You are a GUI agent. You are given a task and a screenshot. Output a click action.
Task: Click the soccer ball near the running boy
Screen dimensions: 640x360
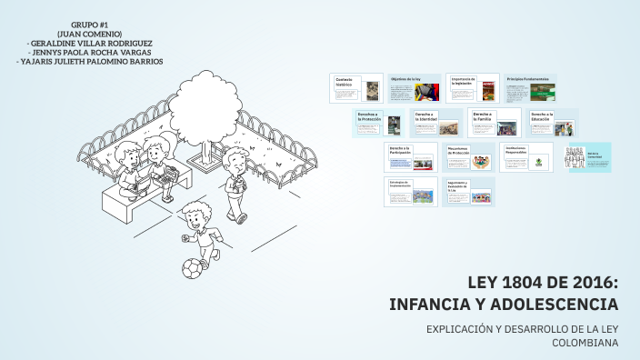tap(192, 269)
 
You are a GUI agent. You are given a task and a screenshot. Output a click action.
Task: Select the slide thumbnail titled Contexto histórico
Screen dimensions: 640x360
tap(356, 88)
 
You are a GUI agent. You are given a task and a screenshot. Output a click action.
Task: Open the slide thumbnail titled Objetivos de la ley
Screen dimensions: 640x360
tap(415, 88)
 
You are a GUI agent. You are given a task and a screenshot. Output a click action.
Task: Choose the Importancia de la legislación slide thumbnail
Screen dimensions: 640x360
tap(473, 88)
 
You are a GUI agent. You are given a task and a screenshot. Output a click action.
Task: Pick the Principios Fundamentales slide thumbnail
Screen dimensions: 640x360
tap(531, 88)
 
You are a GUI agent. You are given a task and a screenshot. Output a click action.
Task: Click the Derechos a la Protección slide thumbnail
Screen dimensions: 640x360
tap(379, 123)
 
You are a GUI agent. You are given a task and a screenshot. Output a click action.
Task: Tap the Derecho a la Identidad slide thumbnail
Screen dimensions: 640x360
tap(438, 123)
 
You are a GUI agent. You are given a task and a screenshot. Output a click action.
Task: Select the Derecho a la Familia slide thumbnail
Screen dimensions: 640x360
tap(495, 123)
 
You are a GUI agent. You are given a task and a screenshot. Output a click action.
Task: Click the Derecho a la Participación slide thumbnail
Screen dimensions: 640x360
tap(410, 157)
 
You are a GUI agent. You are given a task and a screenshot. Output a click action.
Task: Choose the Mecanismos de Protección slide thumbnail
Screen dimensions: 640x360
tap(468, 157)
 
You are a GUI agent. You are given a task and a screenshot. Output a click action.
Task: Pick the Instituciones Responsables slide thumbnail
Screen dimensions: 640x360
tap(526, 157)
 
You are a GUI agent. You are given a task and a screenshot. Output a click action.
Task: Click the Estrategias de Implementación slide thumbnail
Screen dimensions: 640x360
tap(410, 192)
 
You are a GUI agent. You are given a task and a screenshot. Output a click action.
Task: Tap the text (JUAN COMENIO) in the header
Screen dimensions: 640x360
tap(90, 34)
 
